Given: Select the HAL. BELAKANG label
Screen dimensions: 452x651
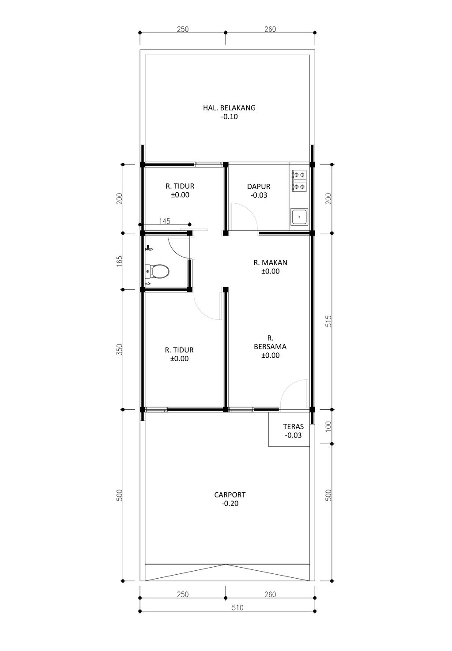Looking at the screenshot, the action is pos(229,108).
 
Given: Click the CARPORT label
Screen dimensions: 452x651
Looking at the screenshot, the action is pos(230,494).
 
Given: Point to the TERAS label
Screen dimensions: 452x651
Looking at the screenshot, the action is pos(293,427).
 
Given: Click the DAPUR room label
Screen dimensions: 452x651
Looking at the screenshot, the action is pos(259,186).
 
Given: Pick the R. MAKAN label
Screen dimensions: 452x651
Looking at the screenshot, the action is pos(270,262).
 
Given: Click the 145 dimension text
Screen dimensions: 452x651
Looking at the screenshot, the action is pos(165,221).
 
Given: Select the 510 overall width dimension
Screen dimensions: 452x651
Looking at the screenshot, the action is pos(237,607).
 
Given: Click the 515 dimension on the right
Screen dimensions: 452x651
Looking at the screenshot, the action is pos(328,321).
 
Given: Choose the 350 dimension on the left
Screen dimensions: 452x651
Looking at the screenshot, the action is pos(119,349).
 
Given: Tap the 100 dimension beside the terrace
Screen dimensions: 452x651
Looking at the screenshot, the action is pos(328,427).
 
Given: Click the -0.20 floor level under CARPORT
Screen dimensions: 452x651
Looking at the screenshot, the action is pos(230,503).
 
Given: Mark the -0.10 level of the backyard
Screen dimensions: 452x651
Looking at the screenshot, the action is pos(229,116).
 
